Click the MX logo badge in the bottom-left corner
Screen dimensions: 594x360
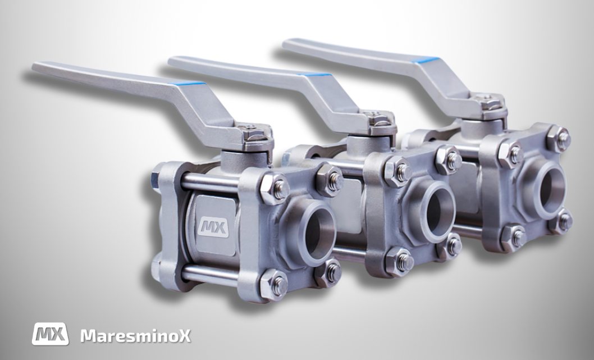coord(51,334)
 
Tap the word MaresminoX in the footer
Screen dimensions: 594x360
coord(135,336)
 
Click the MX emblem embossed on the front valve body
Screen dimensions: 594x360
coord(213,227)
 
